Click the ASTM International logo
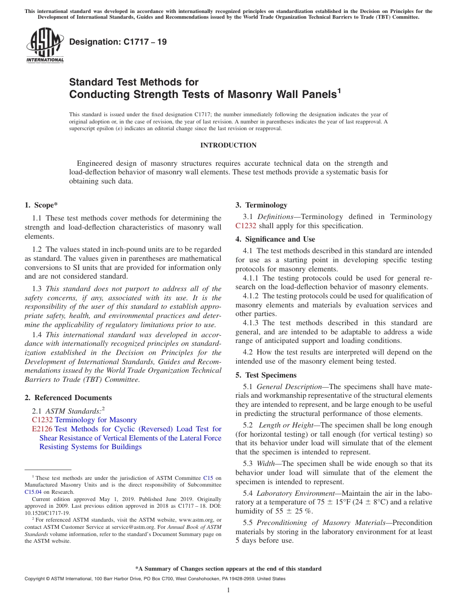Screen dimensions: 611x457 [45, 45]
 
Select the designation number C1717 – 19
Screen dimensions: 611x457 [118, 42]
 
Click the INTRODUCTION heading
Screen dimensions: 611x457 [228, 145]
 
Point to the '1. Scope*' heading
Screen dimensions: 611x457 [41, 205]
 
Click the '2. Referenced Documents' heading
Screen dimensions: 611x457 [68, 397]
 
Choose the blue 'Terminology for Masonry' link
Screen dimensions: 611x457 [96, 420]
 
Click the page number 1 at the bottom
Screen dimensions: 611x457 [228, 590]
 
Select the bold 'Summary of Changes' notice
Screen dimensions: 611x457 [228, 569]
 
